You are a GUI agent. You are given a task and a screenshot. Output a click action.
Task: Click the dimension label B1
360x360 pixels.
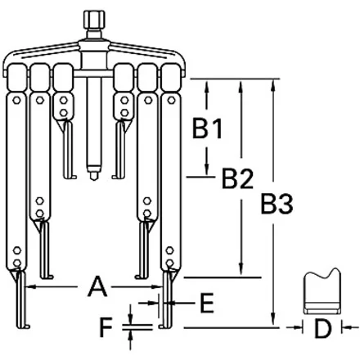pyautogui.click(x=207, y=128)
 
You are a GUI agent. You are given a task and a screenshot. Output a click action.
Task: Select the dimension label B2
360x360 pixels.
pyautogui.click(x=237, y=178)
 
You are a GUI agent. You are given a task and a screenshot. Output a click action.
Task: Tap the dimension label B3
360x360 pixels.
pyautogui.click(x=277, y=203)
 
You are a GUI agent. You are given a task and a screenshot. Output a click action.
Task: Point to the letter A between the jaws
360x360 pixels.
pyautogui.click(x=97, y=286)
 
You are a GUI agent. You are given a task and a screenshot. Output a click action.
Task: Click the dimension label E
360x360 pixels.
pyautogui.click(x=207, y=303)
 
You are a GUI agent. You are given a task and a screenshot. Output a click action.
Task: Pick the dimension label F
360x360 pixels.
pyautogui.click(x=106, y=327)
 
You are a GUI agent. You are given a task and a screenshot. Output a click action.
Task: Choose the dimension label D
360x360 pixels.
pyautogui.click(x=322, y=329)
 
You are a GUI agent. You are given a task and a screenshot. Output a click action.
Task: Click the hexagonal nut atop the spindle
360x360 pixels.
pyautogui.click(x=94, y=20)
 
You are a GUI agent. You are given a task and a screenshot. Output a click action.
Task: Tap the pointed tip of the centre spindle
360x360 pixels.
pyautogui.click(x=94, y=178)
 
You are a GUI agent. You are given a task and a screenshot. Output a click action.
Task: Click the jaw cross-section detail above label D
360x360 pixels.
pyautogui.click(x=322, y=291)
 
